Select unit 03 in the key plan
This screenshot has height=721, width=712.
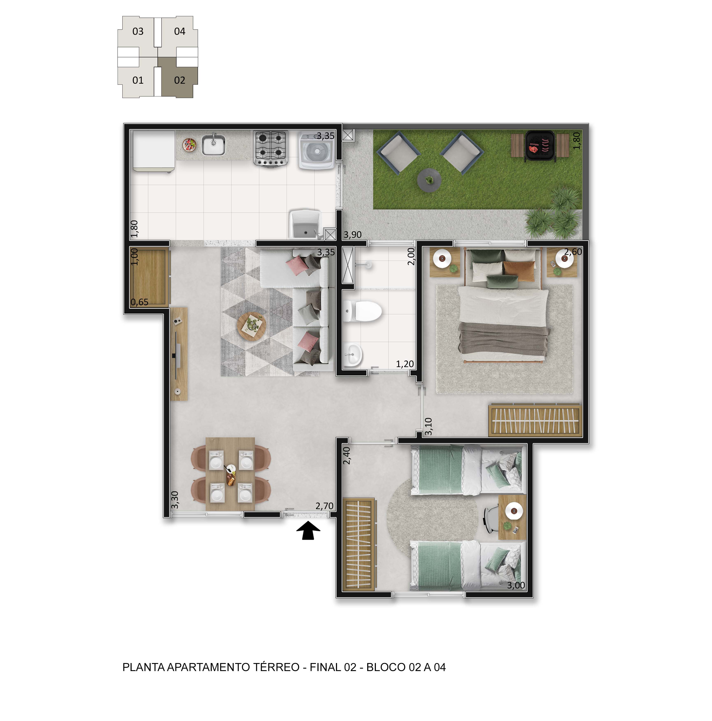(x=138, y=31)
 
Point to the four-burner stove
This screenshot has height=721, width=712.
(x=271, y=148)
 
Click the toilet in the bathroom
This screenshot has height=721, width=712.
(x=362, y=311)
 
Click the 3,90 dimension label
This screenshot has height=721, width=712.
(x=352, y=235)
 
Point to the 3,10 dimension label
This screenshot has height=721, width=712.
(x=429, y=426)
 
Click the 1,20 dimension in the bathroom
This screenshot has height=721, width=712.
(x=405, y=364)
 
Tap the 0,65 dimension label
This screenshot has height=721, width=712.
(x=140, y=302)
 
